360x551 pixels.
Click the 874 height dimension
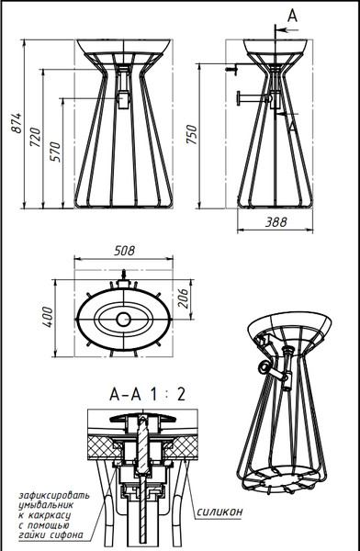(17, 123)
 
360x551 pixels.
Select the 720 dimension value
(36, 138)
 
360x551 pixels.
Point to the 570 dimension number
(55, 152)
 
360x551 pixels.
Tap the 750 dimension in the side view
(192, 134)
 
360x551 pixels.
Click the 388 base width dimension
(276, 222)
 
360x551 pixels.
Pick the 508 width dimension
(125, 251)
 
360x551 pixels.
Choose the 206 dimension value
(183, 298)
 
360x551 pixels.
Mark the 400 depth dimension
(47, 317)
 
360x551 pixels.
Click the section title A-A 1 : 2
(147, 395)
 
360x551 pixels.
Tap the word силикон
(219, 512)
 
